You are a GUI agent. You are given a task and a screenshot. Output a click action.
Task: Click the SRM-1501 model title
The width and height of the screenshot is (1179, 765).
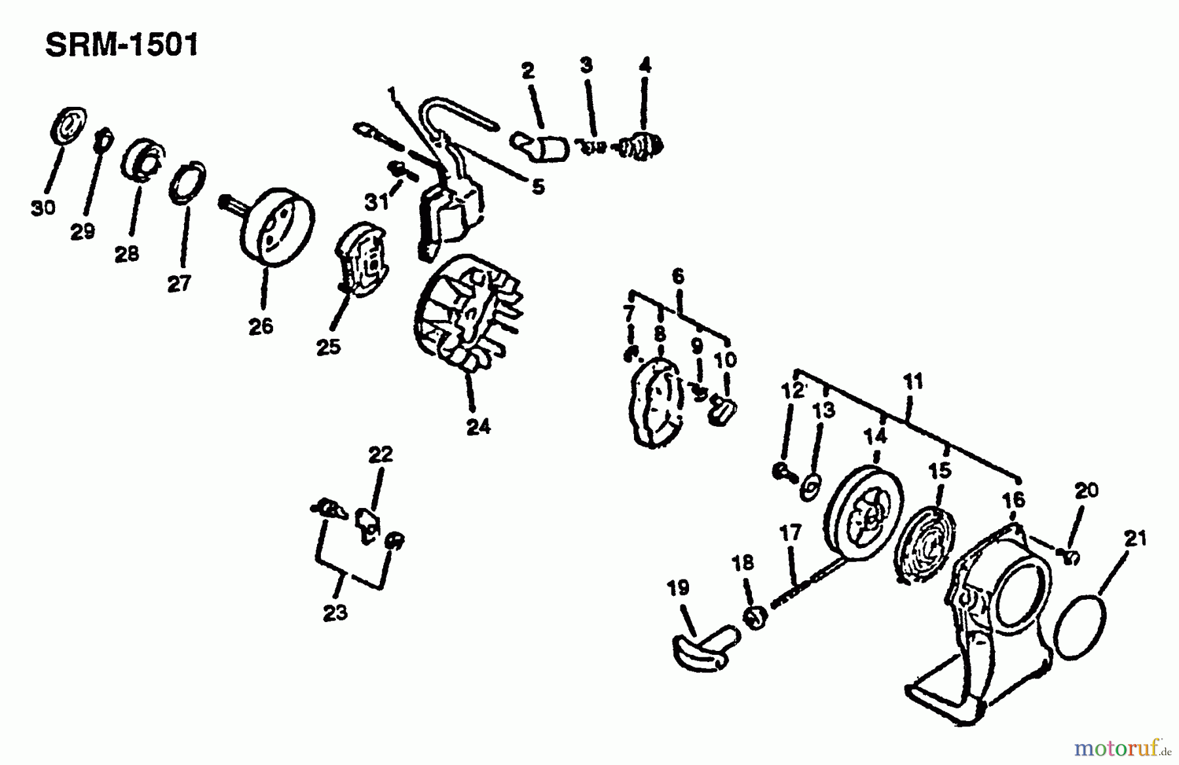pyautogui.click(x=121, y=47)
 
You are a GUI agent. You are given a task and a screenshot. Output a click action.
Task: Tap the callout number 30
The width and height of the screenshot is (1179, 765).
pyautogui.click(x=43, y=208)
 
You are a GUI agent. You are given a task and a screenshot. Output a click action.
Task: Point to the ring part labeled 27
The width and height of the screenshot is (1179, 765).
pyautogui.click(x=188, y=183)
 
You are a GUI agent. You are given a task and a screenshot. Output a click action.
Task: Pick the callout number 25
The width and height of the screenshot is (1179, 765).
pyautogui.click(x=328, y=346)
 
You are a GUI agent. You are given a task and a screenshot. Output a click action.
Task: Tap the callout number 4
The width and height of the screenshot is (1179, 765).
pyautogui.click(x=645, y=66)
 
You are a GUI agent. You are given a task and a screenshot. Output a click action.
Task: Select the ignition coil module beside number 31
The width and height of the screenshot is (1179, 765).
pyautogui.click(x=449, y=213)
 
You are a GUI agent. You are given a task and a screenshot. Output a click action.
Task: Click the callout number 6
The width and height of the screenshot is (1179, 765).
pyautogui.click(x=678, y=276)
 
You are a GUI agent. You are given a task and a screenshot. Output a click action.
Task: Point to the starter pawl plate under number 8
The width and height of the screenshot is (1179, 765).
pyautogui.click(x=655, y=404)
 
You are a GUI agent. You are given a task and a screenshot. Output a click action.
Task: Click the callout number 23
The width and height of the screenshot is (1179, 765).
pyautogui.click(x=335, y=613)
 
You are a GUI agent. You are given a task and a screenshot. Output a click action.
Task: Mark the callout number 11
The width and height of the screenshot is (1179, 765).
pyautogui.click(x=913, y=382)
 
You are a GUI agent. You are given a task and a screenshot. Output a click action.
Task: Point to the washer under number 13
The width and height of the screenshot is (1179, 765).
pyautogui.click(x=811, y=487)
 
